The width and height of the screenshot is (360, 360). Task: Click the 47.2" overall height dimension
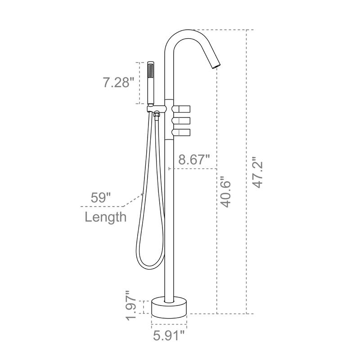coord(257,172)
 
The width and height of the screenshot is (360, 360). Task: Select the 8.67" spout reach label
coord(194,159)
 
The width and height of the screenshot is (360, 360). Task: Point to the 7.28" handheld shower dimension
coord(118,82)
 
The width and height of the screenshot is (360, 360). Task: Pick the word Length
coord(106,217)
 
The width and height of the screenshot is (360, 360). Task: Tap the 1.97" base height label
coord(131,306)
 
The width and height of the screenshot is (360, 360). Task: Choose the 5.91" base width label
coord(169,335)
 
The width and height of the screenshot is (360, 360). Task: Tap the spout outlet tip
coord(215,66)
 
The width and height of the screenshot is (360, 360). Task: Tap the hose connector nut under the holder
coord(156,116)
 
